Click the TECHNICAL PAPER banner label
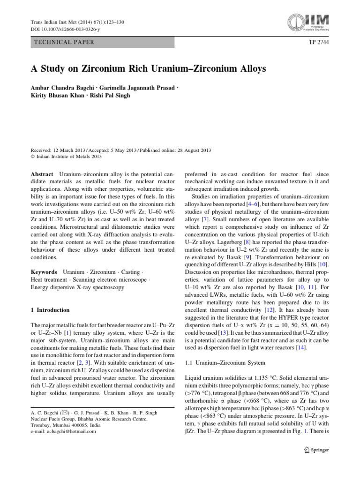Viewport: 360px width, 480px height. [64, 42]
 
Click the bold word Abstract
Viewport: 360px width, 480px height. [42, 173]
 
